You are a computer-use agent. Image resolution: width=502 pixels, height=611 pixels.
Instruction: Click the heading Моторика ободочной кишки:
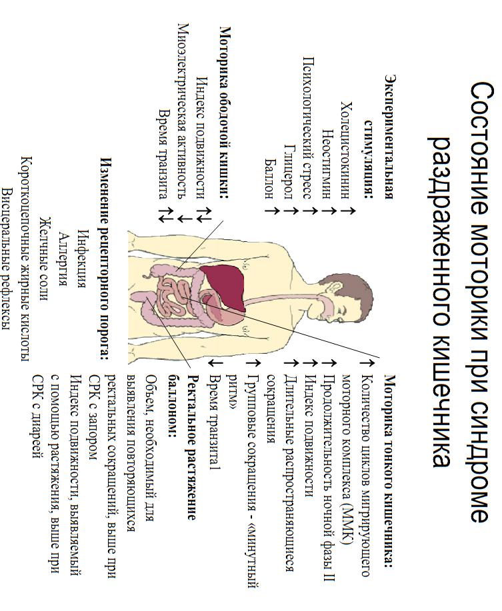point(225,113)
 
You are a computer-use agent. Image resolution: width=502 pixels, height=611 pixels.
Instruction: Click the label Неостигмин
point(326,159)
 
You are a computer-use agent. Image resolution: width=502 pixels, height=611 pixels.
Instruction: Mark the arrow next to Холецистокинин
point(345,211)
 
